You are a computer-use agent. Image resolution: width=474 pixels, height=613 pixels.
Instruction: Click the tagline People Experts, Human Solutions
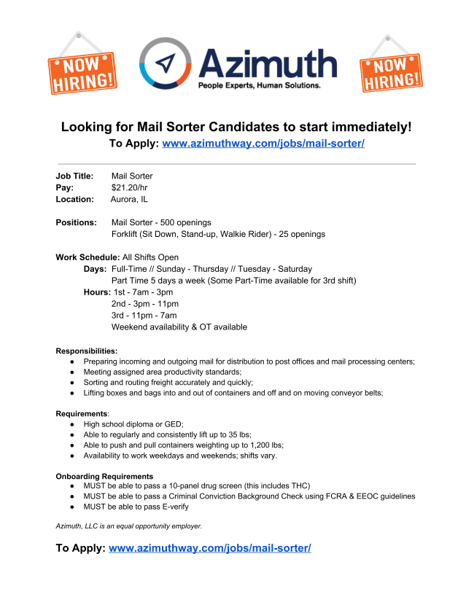[260, 85]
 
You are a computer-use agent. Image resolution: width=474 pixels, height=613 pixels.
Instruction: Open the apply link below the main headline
[263, 143]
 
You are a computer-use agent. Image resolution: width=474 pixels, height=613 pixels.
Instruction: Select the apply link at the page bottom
[210, 547]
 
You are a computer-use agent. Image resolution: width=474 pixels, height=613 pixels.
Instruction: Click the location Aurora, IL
[129, 199]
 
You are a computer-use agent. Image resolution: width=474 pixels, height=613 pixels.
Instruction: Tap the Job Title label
[74, 176]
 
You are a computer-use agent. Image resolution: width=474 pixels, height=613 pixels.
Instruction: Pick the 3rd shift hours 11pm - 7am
[152, 316]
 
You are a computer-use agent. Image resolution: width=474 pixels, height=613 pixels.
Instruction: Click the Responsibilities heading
[87, 351]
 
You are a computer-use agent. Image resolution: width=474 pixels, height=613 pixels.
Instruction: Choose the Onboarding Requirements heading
[104, 476]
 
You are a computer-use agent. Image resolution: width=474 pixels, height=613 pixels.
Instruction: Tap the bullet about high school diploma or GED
[133, 423]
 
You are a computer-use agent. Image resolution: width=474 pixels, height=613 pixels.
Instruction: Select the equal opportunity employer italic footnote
[129, 526]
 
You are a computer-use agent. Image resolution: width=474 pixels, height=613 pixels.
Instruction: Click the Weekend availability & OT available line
[179, 327]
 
